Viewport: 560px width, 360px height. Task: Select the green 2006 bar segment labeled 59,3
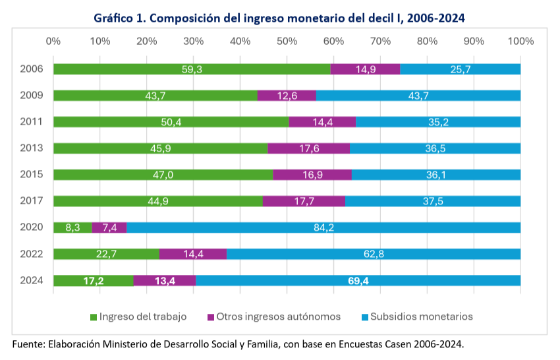(x=192, y=69)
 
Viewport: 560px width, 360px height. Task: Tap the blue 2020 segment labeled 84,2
(x=323, y=227)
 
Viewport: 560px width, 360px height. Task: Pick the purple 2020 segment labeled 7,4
(x=109, y=227)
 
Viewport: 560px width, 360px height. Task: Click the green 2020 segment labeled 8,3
(x=72, y=227)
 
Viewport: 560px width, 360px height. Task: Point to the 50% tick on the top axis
(x=287, y=42)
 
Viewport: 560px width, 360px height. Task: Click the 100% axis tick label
(x=520, y=42)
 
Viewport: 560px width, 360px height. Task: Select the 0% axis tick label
(x=53, y=42)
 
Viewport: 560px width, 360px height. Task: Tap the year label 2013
(x=32, y=148)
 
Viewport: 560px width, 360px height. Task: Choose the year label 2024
(x=32, y=280)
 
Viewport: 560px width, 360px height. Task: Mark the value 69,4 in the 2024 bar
(x=358, y=281)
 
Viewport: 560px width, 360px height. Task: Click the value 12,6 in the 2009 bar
(x=287, y=96)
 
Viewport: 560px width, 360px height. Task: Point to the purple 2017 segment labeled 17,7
(x=304, y=201)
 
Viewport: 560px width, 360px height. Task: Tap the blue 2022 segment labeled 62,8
(x=374, y=254)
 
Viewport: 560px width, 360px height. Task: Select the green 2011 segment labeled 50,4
(x=171, y=122)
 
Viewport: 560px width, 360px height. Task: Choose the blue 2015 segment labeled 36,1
(x=436, y=175)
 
